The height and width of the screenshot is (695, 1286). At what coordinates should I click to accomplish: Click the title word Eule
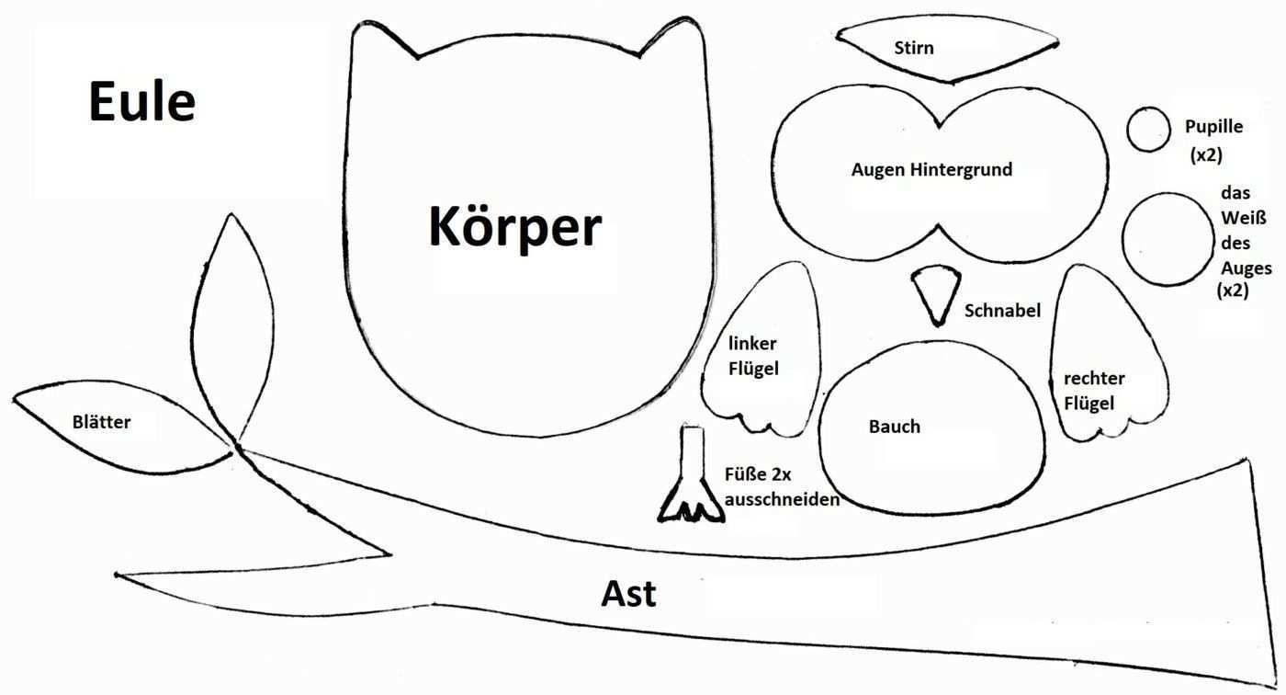tap(142, 102)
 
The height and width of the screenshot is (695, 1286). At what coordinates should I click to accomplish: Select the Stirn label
tap(913, 47)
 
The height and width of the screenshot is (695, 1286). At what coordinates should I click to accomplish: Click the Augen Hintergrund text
tap(931, 170)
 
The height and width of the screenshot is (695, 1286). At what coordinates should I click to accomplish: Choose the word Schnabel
tap(1002, 311)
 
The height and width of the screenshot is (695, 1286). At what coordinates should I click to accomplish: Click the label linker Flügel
tap(753, 356)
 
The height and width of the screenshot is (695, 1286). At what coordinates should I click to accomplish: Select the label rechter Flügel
tap(1094, 391)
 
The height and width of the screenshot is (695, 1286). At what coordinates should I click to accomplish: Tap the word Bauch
tap(894, 427)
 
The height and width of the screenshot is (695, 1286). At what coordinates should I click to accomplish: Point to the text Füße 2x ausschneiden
tap(782, 488)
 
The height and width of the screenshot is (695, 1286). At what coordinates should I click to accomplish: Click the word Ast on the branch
tap(629, 594)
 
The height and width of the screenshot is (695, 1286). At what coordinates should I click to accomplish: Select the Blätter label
tap(101, 423)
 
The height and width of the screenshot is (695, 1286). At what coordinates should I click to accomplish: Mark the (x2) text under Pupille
tap(1205, 154)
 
